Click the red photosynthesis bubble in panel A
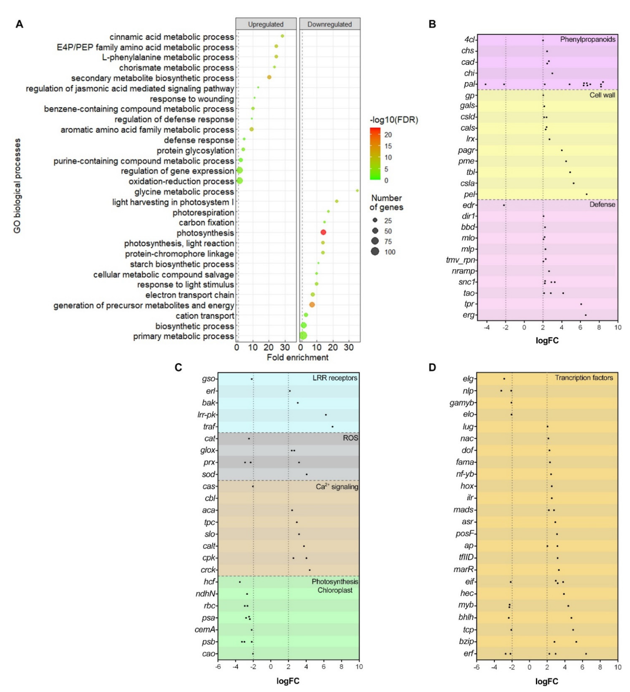[323, 232]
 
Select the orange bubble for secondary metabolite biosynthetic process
[269, 77]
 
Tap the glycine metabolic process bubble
[357, 190]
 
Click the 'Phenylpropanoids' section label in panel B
[588, 39]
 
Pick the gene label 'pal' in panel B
[469, 84]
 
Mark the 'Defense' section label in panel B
[602, 205]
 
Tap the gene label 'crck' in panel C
[208, 570]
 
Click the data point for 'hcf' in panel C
[240, 582]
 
